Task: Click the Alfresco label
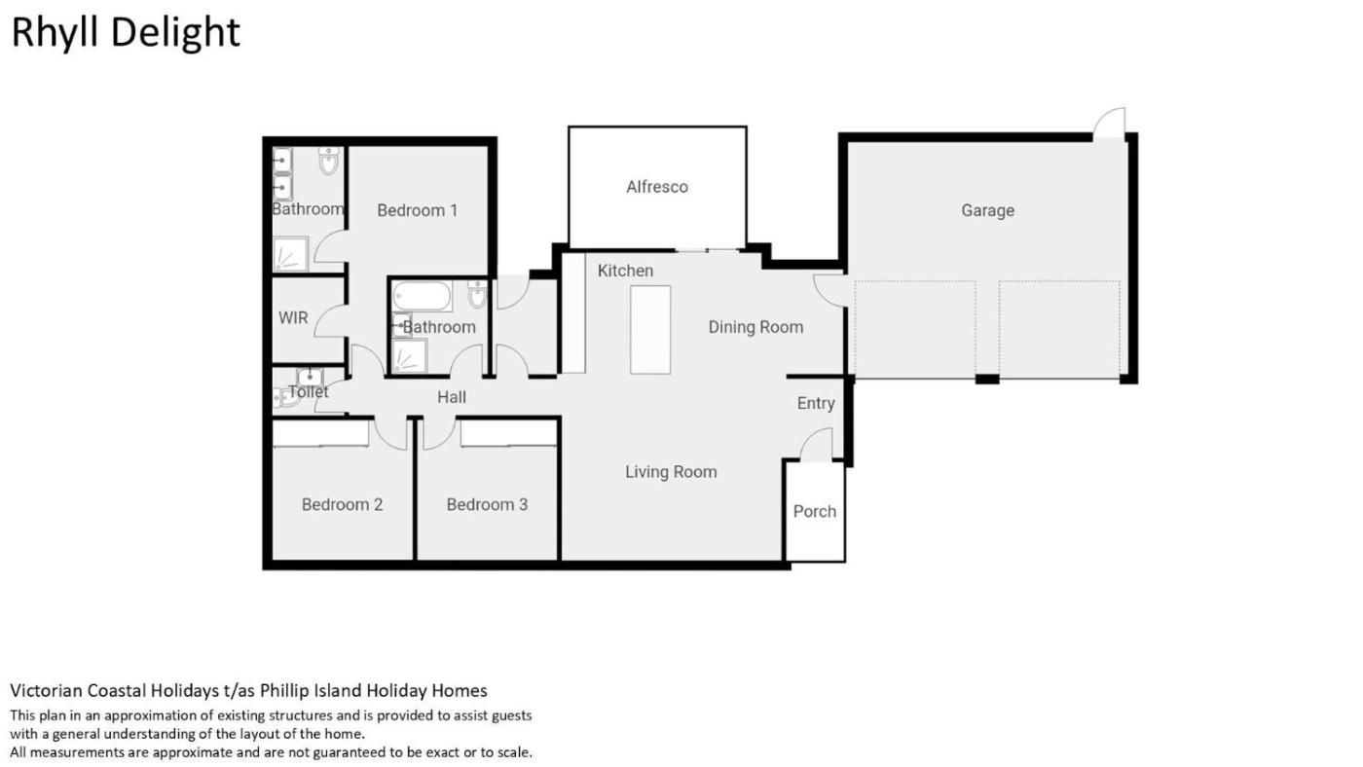pyautogui.click(x=657, y=187)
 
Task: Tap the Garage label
pyautogui.click(x=987, y=210)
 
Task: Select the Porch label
pyautogui.click(x=815, y=512)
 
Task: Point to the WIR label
pyautogui.click(x=293, y=317)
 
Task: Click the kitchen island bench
pyautogui.click(x=650, y=330)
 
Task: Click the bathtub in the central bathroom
pyautogui.click(x=422, y=296)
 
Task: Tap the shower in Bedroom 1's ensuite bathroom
pyautogui.click(x=290, y=254)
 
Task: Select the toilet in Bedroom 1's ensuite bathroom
pyautogui.click(x=329, y=161)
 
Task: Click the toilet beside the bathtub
pyautogui.click(x=478, y=294)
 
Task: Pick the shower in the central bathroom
pyautogui.click(x=410, y=356)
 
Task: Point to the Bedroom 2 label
pyautogui.click(x=342, y=505)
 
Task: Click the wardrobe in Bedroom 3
pyautogui.click(x=508, y=433)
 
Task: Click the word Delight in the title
pyautogui.click(x=176, y=33)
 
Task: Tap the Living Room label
pyautogui.click(x=671, y=472)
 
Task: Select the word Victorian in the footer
pyautogui.click(x=47, y=690)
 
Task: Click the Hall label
pyautogui.click(x=452, y=397)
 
